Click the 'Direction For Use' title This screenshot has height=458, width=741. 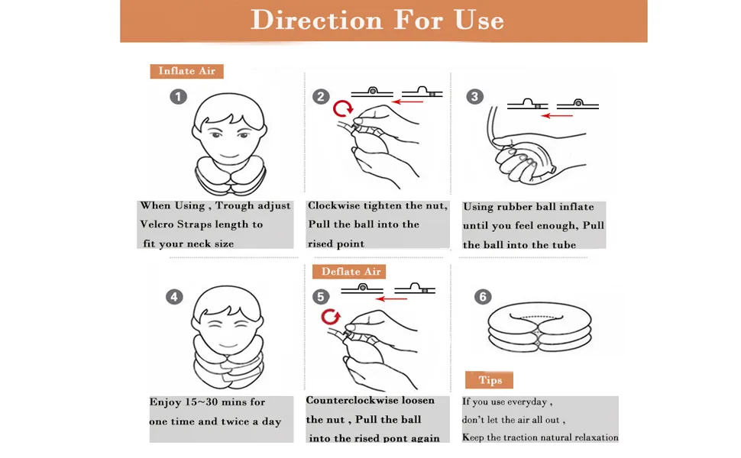point(377,21)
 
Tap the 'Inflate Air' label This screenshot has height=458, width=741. point(186,71)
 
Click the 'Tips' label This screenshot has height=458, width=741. point(489,380)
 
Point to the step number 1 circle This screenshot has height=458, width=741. point(178,97)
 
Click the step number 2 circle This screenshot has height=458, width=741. point(321,97)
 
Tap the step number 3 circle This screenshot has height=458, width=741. point(475,97)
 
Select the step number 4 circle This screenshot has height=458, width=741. point(174,297)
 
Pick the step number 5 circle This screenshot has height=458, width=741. point(321,297)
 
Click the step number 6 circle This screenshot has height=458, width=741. point(483,297)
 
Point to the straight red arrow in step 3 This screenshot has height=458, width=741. point(557,115)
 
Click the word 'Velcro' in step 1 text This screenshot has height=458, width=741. point(157,224)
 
